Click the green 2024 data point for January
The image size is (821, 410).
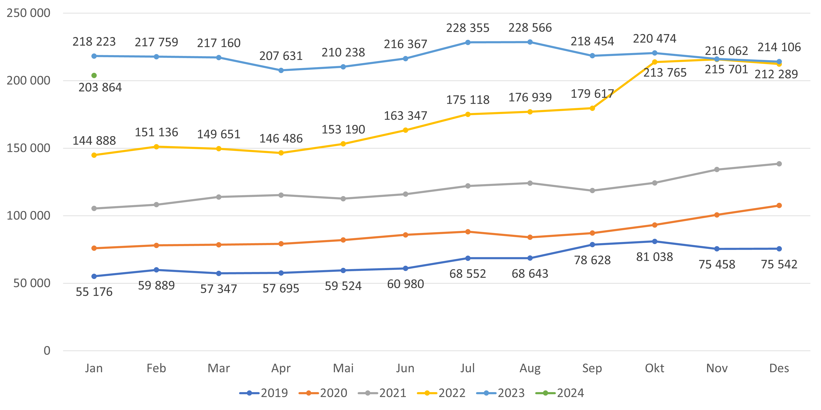click(94, 76)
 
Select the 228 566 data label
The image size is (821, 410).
click(530, 28)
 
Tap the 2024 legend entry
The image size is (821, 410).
click(560, 393)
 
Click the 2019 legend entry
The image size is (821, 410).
click(264, 393)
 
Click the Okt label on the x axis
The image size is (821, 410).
click(654, 368)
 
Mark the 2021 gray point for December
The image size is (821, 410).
click(779, 164)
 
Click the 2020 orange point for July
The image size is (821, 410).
click(468, 232)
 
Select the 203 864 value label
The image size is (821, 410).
click(100, 88)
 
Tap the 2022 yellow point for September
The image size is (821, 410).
click(592, 108)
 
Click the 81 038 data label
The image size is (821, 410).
click(654, 257)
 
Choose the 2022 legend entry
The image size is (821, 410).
click(441, 393)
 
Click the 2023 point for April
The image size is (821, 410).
click(281, 70)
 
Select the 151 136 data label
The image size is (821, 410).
click(156, 132)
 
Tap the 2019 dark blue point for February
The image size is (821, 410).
click(156, 270)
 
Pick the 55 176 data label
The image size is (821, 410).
click(94, 292)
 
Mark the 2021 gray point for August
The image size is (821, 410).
click(530, 183)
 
